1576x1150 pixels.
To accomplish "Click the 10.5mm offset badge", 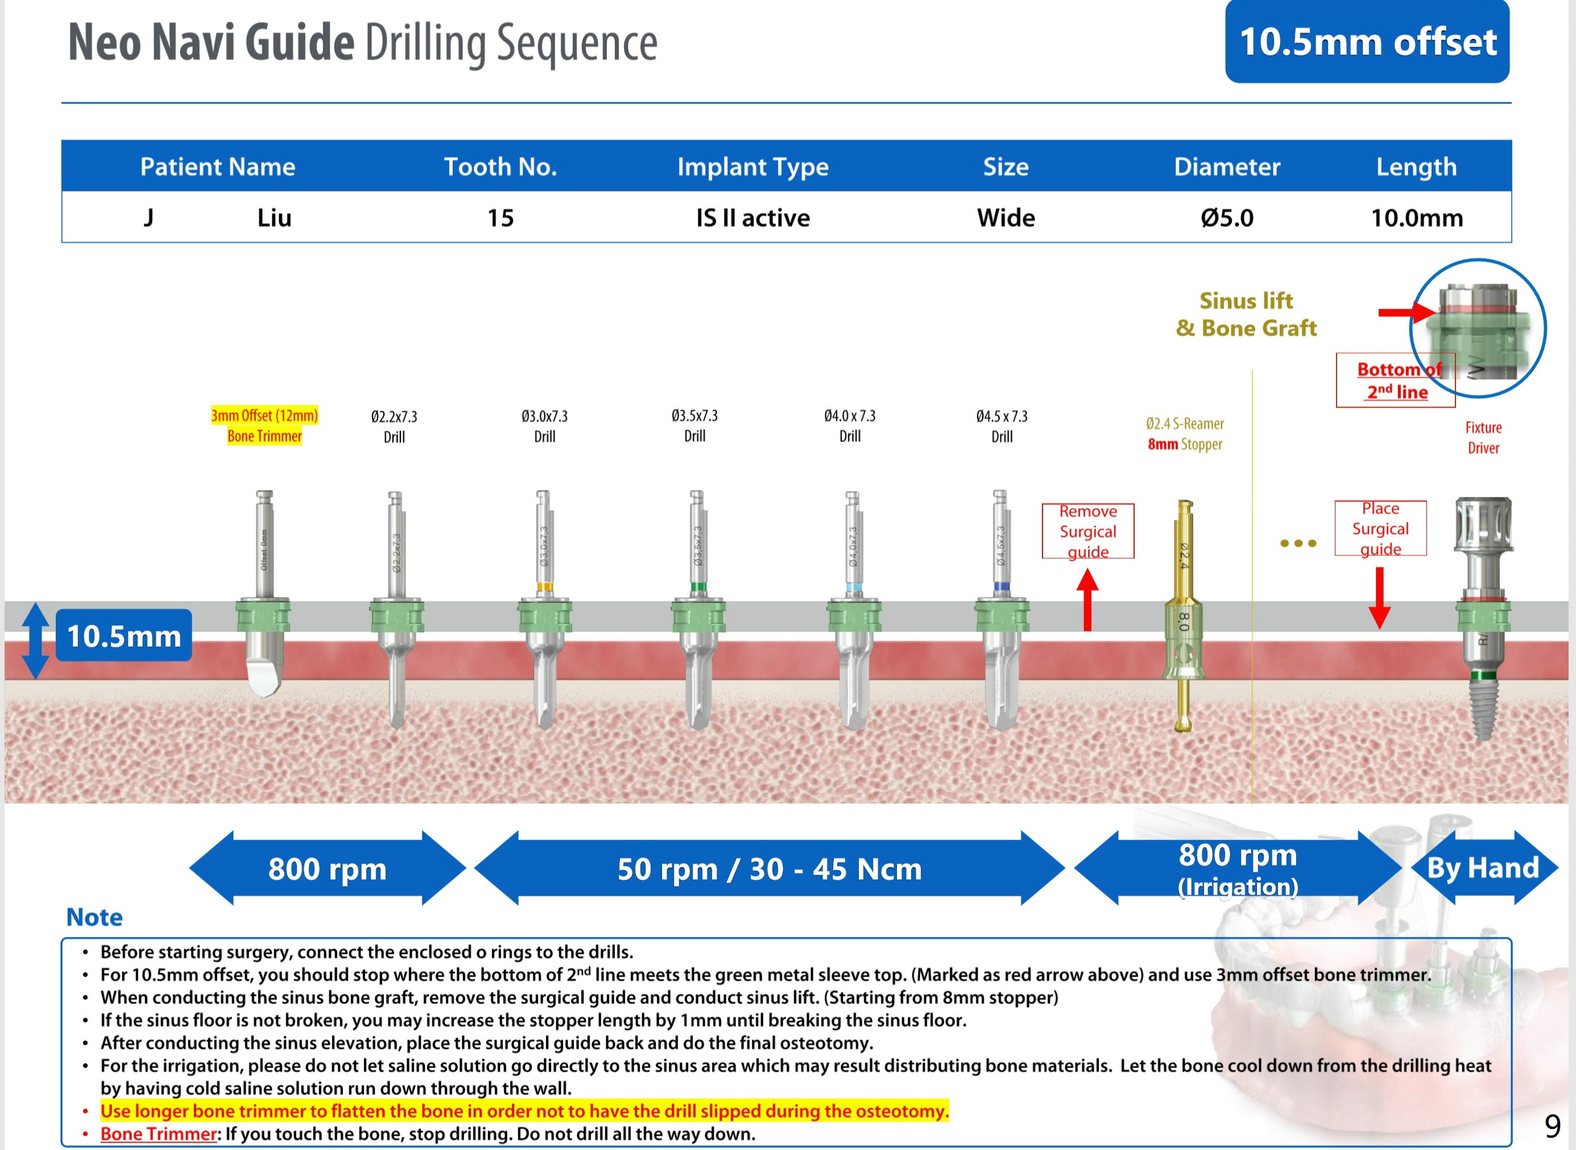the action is [x=1367, y=41].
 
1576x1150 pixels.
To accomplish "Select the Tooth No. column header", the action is [x=500, y=167].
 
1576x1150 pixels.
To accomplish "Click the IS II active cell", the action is [x=753, y=218].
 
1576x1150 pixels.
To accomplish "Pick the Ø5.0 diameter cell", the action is [x=1227, y=218].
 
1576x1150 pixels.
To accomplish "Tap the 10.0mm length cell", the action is [x=1417, y=218].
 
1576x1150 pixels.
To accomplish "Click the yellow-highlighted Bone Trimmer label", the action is [x=264, y=425].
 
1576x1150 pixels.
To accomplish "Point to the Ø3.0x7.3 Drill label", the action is [x=545, y=426].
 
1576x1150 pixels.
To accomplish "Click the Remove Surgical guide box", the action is [x=1088, y=531].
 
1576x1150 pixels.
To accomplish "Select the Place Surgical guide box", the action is [x=1380, y=528].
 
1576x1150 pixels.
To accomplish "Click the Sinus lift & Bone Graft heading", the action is [x=1246, y=314].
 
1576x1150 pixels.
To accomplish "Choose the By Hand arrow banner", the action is [x=1483, y=867].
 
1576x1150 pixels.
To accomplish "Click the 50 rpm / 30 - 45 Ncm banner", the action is [x=770, y=868].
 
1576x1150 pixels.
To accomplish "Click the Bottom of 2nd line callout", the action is [x=1396, y=380].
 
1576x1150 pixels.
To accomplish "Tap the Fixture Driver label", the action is [x=1483, y=438].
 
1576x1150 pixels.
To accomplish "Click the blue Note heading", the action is [x=94, y=917].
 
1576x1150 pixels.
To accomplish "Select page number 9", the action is [x=1552, y=1126].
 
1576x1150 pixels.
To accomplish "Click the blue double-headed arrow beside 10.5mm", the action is [x=35, y=641].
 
